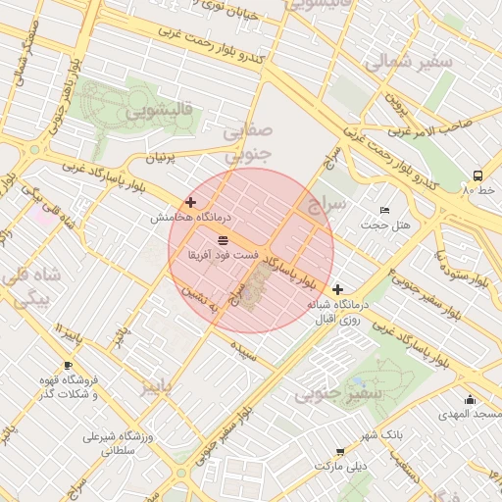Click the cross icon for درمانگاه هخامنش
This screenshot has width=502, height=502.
(190, 202)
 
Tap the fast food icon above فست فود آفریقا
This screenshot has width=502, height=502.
(224, 239)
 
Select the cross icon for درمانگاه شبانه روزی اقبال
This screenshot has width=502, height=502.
(338, 289)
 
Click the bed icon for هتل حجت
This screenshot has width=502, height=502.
(385, 210)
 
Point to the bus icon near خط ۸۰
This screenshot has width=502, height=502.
(477, 176)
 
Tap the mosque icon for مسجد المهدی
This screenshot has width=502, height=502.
(471, 399)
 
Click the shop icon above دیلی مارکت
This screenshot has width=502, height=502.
(340, 452)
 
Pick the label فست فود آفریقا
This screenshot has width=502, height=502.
(224, 255)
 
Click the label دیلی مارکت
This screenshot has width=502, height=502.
(339, 467)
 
